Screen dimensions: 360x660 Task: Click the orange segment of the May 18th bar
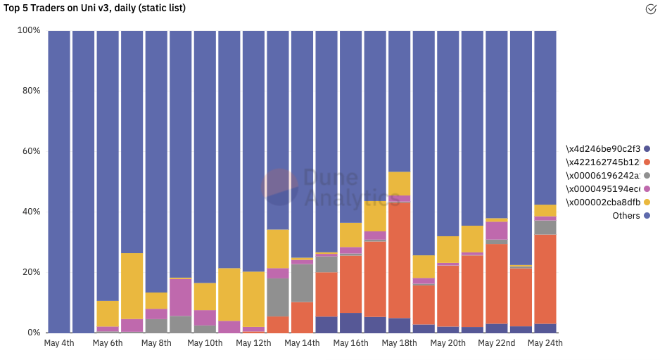click(x=399, y=260)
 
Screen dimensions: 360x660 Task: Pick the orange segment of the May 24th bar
click(x=545, y=278)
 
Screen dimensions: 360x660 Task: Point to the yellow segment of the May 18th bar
click(x=399, y=184)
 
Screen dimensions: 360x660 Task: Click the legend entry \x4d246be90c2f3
click(x=603, y=149)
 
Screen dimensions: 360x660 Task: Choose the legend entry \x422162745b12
click(x=603, y=162)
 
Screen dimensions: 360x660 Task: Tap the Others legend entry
click(x=626, y=216)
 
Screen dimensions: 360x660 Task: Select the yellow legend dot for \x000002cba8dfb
click(x=647, y=202)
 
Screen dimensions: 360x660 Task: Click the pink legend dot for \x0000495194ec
click(x=647, y=189)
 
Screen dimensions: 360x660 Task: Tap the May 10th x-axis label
click(x=205, y=343)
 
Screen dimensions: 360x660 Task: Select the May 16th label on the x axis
click(x=350, y=343)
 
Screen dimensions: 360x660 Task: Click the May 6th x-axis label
click(x=108, y=343)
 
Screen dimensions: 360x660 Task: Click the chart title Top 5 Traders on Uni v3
click(x=95, y=8)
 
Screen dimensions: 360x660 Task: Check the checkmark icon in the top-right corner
click(x=651, y=9)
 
